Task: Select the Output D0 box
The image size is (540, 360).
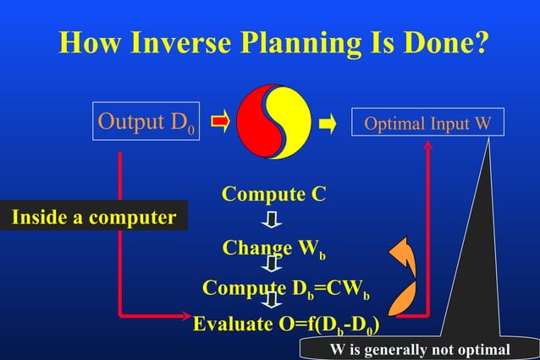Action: [146, 124]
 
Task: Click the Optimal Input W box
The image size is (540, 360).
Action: [427, 125]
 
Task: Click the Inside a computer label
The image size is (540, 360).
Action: [93, 217]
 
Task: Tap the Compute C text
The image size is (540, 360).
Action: [273, 194]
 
